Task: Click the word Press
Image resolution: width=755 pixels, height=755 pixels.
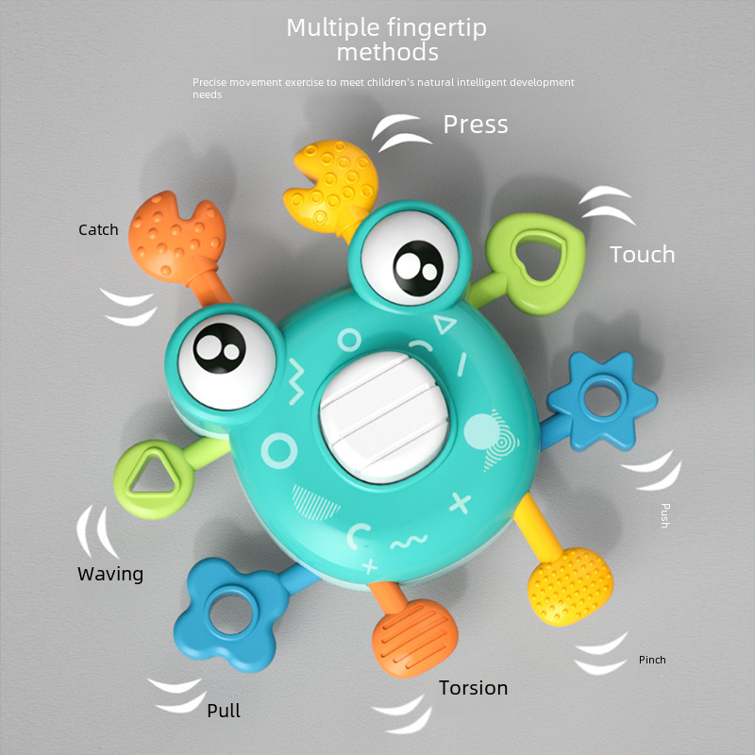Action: (476, 125)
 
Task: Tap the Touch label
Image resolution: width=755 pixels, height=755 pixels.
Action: (642, 254)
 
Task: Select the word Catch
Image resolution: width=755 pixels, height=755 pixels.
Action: (98, 229)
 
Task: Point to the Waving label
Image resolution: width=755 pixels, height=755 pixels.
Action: (110, 574)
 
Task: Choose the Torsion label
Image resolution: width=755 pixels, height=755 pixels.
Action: (473, 688)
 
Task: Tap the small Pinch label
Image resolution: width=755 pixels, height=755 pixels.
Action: (652, 660)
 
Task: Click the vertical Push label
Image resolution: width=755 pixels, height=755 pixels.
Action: (664, 515)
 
